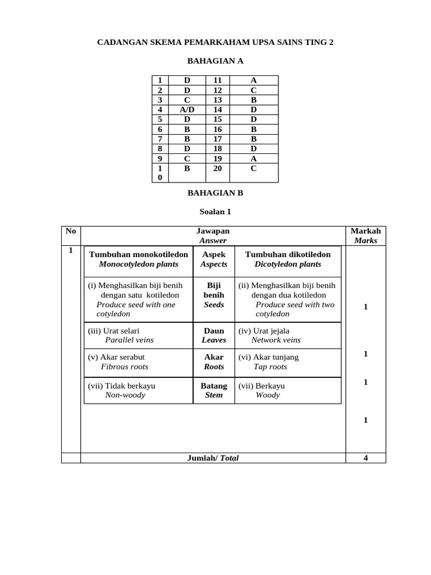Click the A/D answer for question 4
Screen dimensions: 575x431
tap(187, 109)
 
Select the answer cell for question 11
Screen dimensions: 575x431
tap(254, 80)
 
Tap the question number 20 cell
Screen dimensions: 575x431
tap(218, 168)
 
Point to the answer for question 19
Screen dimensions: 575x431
tap(254, 158)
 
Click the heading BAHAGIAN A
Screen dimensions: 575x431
tap(215, 61)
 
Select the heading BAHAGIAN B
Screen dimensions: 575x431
tap(215, 193)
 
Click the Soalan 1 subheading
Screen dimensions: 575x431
tap(215, 212)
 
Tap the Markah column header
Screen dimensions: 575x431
tap(365, 235)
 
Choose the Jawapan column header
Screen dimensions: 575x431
tap(213, 235)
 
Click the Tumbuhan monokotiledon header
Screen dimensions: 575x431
tap(139, 259)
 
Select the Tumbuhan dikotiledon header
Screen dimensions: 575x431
tap(288, 259)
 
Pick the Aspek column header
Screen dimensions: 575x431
tap(214, 259)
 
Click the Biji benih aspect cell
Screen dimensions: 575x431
tap(214, 295)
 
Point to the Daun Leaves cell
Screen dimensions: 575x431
tap(214, 335)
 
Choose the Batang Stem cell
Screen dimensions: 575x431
tap(214, 390)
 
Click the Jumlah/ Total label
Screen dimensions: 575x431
tap(213, 458)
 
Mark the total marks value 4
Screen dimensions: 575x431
tap(365, 458)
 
